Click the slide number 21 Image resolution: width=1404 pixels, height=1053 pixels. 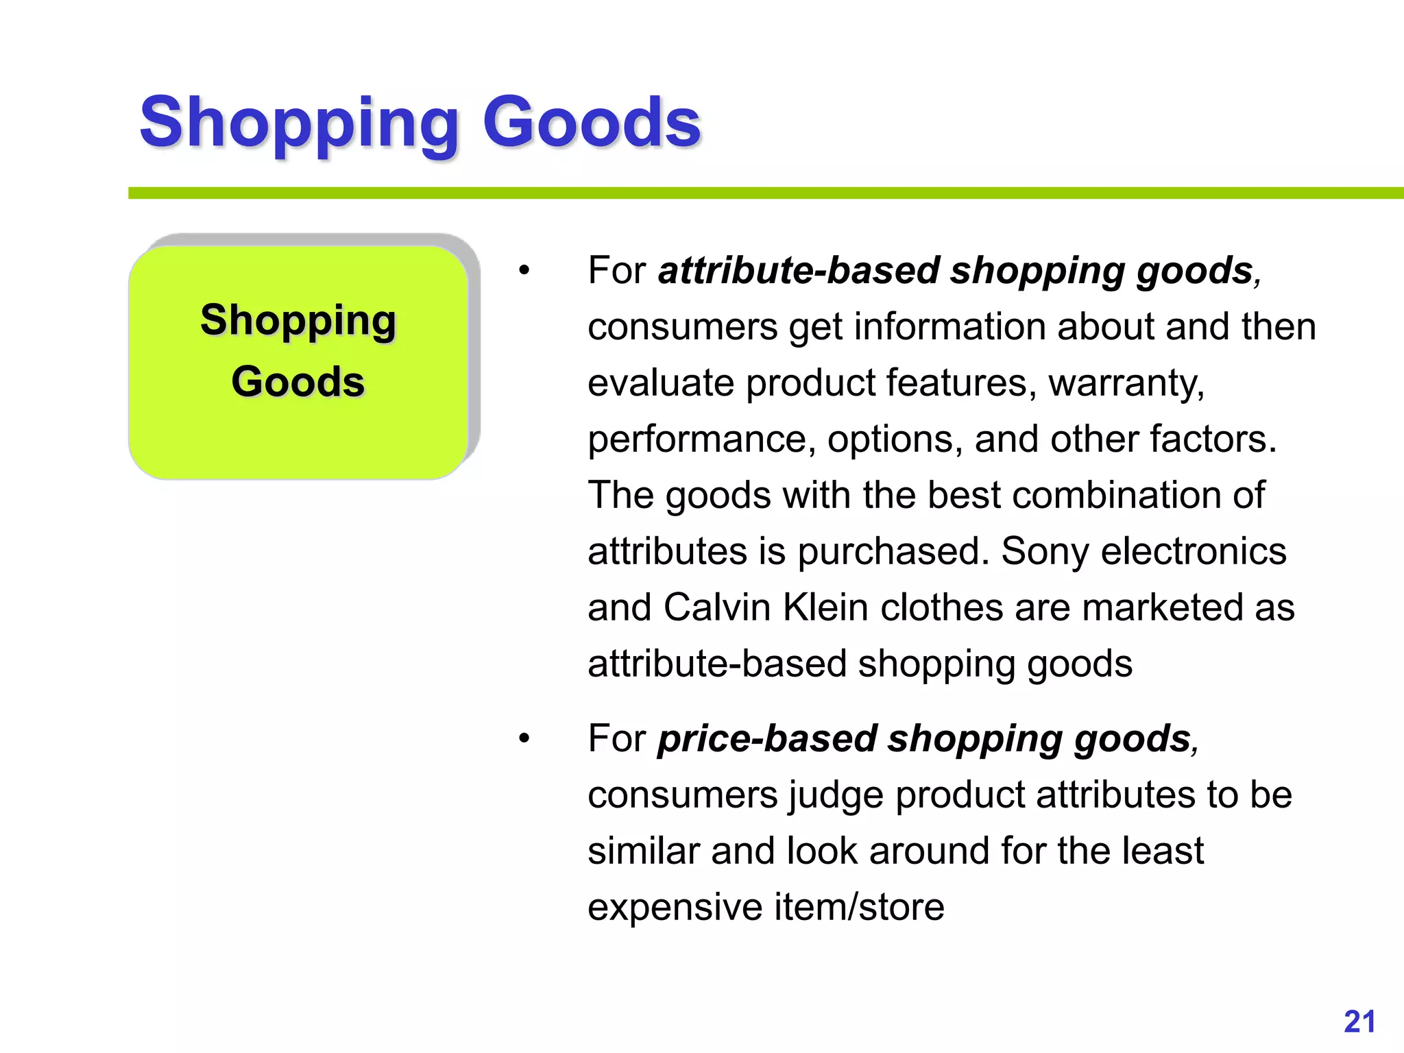coord(1359,1021)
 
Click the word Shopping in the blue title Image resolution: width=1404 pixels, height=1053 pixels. coord(299,123)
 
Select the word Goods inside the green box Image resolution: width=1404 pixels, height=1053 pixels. coord(298,381)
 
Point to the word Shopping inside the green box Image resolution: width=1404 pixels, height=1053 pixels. coord(298,320)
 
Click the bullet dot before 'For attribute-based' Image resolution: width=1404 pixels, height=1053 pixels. coord(524,271)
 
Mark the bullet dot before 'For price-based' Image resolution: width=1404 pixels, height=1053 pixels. coord(524,739)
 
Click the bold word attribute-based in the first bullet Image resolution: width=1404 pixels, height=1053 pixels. coord(799,270)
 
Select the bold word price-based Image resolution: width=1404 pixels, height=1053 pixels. coord(767,738)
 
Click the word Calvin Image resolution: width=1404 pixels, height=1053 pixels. coord(717,607)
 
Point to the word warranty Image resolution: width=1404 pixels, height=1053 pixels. coord(1126,383)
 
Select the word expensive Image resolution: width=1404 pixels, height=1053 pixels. coord(675,907)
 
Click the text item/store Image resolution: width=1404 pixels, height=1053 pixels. coord(860,907)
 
